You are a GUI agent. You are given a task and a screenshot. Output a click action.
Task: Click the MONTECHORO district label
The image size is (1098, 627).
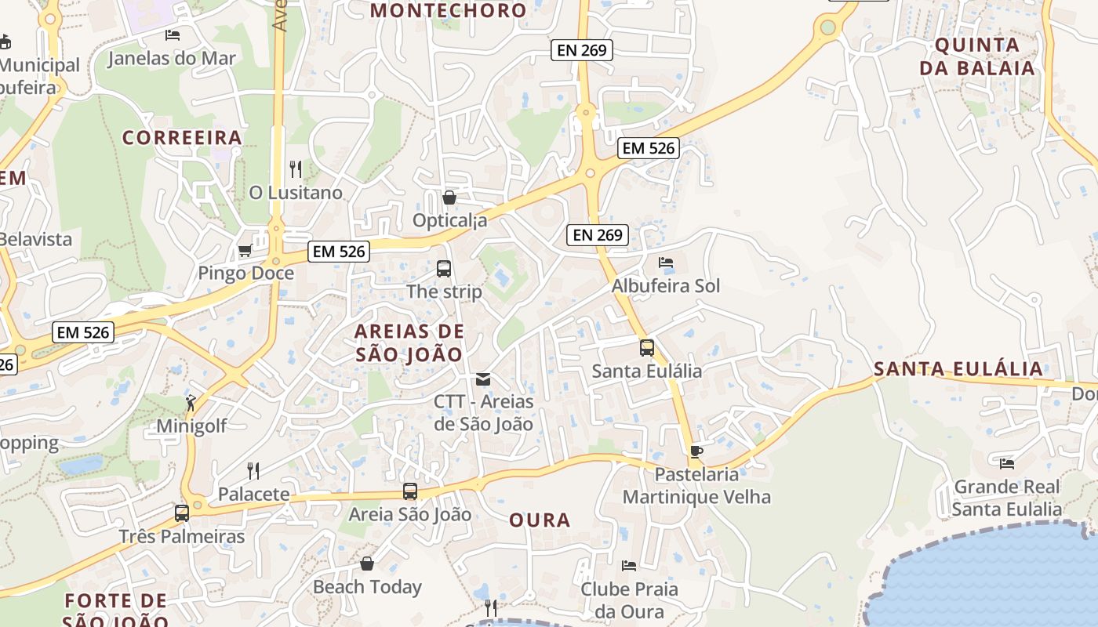(448, 10)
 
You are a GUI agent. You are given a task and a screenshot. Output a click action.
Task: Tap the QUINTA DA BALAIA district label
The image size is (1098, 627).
(977, 56)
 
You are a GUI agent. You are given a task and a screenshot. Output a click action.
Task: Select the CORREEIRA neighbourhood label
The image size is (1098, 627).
(182, 138)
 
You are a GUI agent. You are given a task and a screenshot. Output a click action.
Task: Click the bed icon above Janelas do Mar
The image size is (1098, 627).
(173, 35)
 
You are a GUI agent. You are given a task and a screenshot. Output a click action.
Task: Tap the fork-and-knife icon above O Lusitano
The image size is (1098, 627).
(296, 169)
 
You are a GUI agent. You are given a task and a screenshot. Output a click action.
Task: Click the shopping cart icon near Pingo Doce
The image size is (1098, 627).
(245, 251)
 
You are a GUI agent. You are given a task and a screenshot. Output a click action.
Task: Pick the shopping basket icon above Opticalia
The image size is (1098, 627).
(449, 198)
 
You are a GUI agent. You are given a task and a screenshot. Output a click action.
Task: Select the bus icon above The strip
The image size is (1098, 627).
(444, 269)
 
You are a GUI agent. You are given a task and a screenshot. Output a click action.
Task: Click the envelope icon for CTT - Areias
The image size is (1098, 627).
(483, 379)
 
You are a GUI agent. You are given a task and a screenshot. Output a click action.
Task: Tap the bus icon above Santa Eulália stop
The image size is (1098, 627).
(647, 348)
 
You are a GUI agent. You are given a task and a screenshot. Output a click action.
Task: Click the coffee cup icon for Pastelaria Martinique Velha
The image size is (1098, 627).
(696, 451)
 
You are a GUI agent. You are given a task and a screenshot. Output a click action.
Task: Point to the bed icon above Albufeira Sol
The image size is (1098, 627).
(666, 263)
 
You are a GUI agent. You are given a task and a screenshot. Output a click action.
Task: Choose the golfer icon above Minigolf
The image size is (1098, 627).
(191, 403)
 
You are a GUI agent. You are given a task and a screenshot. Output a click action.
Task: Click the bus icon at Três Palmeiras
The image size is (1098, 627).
(182, 513)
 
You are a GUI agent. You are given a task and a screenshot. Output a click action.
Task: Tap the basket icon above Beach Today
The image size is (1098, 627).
(366, 564)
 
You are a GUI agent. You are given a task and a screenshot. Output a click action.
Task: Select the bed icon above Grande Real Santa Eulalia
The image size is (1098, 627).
(1007, 464)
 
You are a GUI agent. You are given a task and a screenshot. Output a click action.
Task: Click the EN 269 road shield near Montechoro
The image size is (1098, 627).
(581, 50)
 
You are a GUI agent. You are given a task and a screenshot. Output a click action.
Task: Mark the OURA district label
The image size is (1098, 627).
(540, 520)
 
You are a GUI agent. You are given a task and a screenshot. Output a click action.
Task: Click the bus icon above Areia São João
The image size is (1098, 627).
(410, 491)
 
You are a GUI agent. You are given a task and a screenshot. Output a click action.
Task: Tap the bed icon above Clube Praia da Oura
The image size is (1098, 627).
(629, 565)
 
